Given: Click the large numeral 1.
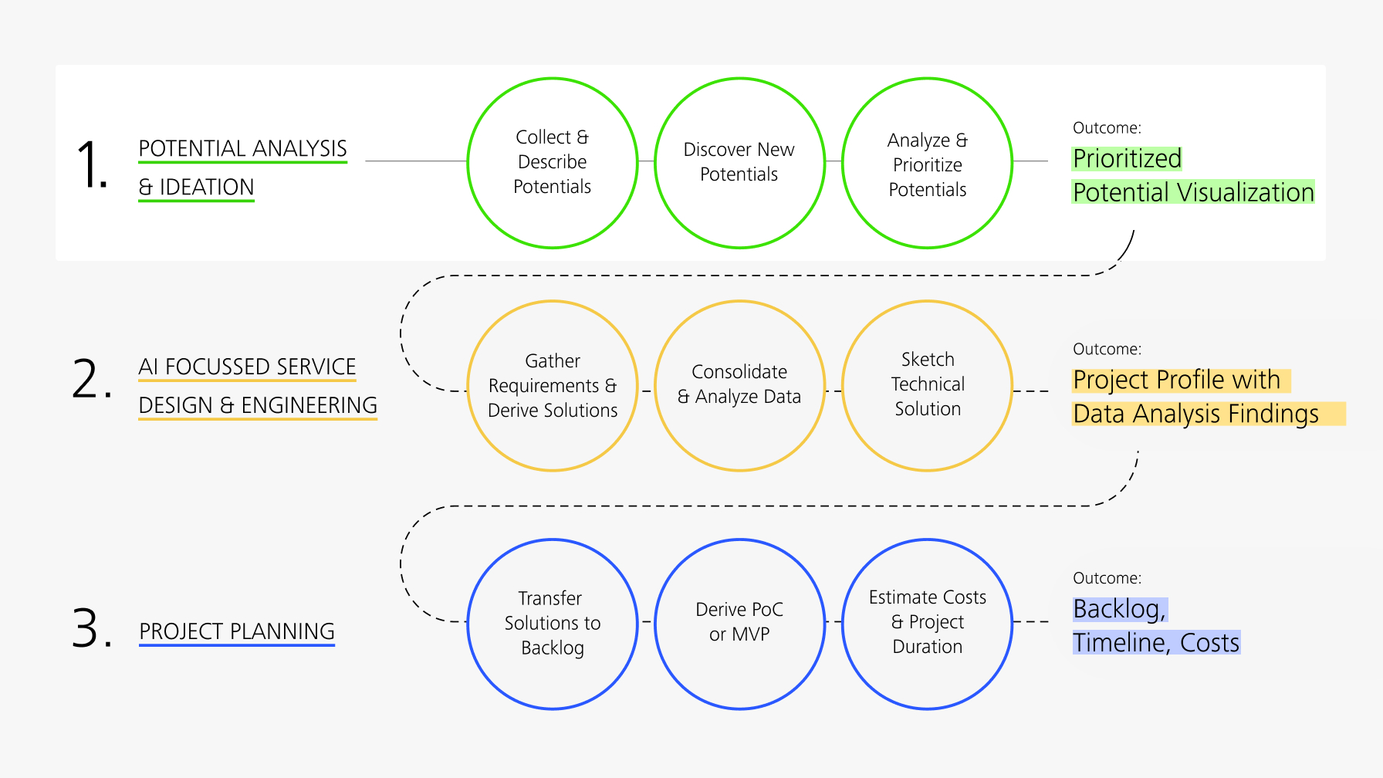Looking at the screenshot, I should tap(90, 164).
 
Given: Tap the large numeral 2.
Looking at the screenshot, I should tap(90, 379).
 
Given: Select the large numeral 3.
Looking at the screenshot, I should tap(90, 627).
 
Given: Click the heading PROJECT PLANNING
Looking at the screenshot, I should tap(237, 631).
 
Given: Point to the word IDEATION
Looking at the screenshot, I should tap(206, 187).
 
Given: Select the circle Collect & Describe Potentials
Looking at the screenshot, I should tap(553, 163).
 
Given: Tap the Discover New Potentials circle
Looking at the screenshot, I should tap(739, 163).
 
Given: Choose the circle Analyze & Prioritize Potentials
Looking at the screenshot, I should tap(927, 163).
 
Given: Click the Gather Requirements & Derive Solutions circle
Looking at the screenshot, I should tap(553, 386).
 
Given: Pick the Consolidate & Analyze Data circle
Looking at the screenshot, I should tap(739, 386).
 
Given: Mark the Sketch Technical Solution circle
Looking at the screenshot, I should tap(927, 386).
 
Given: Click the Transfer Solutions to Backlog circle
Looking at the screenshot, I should tap(553, 624).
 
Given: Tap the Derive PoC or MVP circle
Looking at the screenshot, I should tap(739, 624).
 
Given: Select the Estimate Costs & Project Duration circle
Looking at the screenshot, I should tap(927, 624).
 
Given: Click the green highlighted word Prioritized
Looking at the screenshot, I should tap(1127, 158).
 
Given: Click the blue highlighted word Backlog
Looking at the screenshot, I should tap(1118, 609).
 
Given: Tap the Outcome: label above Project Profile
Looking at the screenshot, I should tap(1107, 349).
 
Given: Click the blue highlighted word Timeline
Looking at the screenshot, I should tap(1121, 643).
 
